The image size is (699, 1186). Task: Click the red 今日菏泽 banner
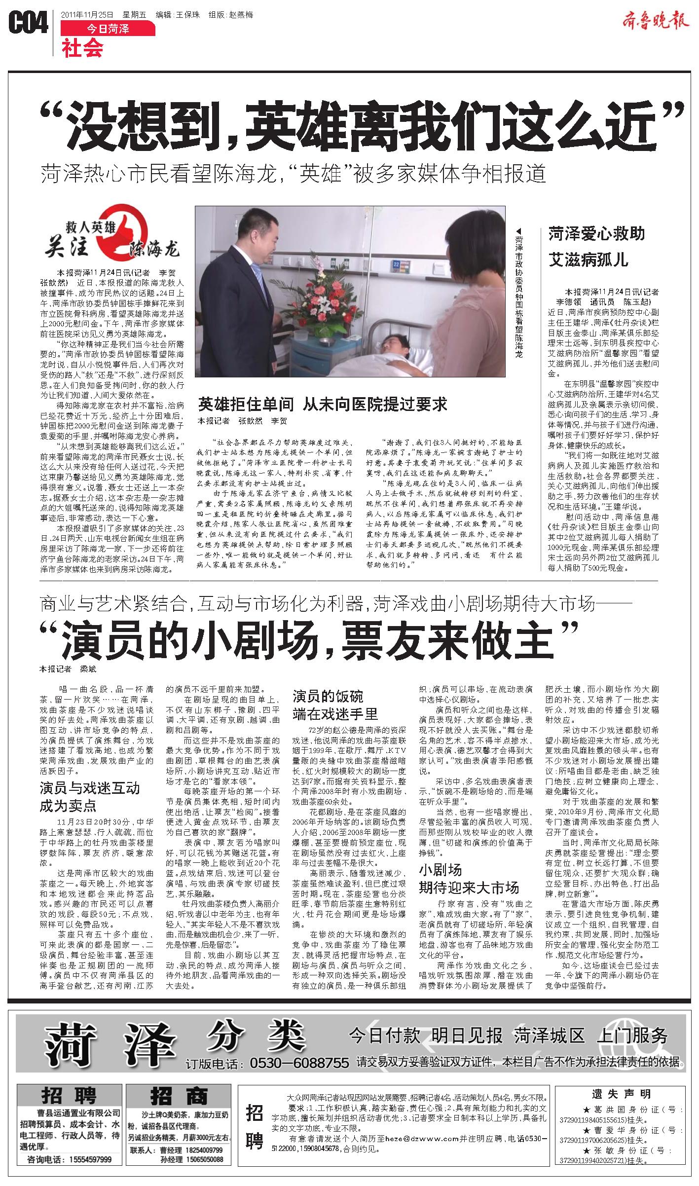point(108,29)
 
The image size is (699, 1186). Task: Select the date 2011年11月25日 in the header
point(87,15)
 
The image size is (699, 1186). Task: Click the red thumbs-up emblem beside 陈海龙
point(130,232)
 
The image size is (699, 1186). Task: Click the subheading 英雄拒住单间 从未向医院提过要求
point(322,405)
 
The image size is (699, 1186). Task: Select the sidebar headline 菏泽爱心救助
point(596,234)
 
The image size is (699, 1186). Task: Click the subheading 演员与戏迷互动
point(90,787)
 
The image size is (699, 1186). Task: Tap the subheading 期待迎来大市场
point(469,888)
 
